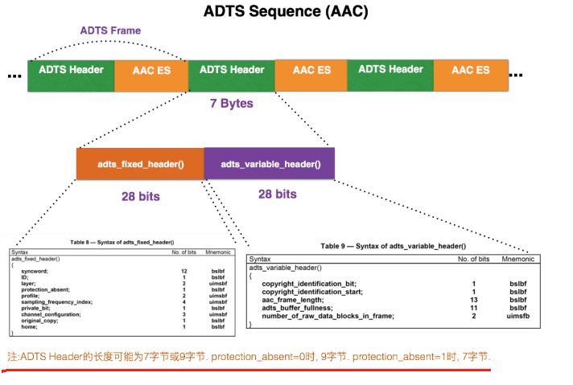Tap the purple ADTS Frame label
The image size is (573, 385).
[x=110, y=31]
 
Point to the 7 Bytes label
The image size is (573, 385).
[x=231, y=103]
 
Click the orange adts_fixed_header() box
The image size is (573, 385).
[x=141, y=163]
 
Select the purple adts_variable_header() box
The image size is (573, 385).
[x=270, y=163]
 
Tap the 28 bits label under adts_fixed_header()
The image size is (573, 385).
[x=140, y=195]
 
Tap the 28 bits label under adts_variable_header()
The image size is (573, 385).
[x=277, y=194]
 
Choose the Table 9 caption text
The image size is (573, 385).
[x=393, y=246]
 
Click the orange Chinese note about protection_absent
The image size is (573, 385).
[x=249, y=356]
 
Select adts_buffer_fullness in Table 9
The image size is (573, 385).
[x=297, y=308]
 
